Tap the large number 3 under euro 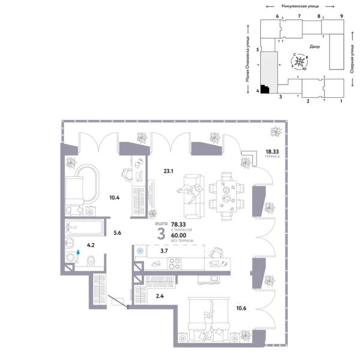pos(161,234)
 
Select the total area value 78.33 pos(179,221)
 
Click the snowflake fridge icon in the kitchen pos(140,251)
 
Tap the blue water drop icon pos(78,253)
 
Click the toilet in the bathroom pos(89,260)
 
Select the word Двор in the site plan pos(314,46)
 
